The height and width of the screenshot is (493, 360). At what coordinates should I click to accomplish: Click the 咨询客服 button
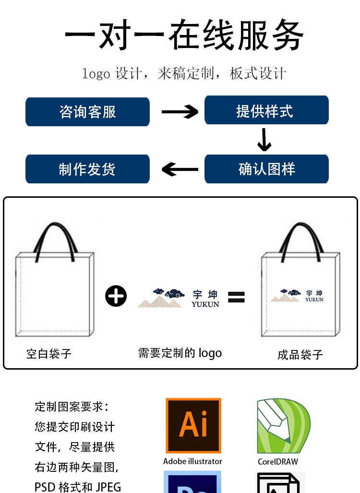[x=87, y=112]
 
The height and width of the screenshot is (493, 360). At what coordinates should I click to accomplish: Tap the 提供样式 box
[x=266, y=111]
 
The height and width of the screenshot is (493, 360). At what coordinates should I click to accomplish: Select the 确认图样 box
[x=266, y=169]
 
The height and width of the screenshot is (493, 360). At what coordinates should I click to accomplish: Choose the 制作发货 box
[x=87, y=169]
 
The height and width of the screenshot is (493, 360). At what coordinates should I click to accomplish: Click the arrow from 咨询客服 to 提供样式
[x=180, y=112]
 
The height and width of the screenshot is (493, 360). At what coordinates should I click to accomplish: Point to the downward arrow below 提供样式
[x=264, y=140]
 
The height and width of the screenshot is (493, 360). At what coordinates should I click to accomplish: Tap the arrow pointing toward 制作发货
[x=180, y=169]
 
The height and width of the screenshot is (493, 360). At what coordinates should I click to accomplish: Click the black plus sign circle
[x=116, y=297]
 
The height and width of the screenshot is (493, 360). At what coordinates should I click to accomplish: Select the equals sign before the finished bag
[x=236, y=297]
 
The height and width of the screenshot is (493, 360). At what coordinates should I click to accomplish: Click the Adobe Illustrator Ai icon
[x=193, y=426]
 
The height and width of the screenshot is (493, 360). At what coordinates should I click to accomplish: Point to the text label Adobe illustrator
[x=192, y=461]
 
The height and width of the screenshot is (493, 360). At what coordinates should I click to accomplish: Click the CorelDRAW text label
[x=277, y=462]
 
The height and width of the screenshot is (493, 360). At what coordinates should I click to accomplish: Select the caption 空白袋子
[x=49, y=354]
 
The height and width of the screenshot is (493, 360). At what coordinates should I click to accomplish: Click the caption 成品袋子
[x=300, y=355]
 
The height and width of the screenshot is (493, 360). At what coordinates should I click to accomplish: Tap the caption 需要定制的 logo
[x=180, y=353]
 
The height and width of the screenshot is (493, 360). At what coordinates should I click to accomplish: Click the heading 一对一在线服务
[x=184, y=35]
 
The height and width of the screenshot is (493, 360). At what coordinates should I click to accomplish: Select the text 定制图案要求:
[x=72, y=407]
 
